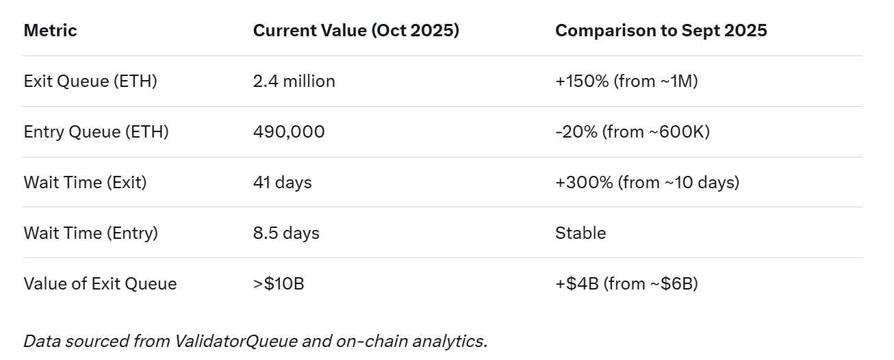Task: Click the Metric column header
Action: click(x=50, y=31)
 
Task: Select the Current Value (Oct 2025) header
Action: click(x=356, y=31)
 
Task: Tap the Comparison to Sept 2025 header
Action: click(x=661, y=31)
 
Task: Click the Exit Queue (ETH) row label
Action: click(x=90, y=81)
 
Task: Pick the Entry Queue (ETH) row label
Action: click(x=96, y=132)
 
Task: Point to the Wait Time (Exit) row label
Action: click(x=85, y=183)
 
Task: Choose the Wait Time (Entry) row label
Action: click(x=90, y=233)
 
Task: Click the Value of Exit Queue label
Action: click(x=100, y=284)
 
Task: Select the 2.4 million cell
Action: click(x=294, y=81)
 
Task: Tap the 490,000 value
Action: click(x=289, y=132)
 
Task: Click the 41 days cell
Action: click(x=282, y=183)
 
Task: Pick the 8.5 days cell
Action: click(x=286, y=233)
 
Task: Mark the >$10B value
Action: click(x=278, y=284)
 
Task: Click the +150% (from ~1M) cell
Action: click(x=626, y=81)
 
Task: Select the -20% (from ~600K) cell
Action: click(x=632, y=132)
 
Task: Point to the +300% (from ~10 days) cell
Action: click(x=647, y=183)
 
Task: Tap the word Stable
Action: click(x=580, y=233)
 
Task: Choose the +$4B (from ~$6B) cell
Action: click(x=626, y=284)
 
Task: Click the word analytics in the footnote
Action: click(x=452, y=341)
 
